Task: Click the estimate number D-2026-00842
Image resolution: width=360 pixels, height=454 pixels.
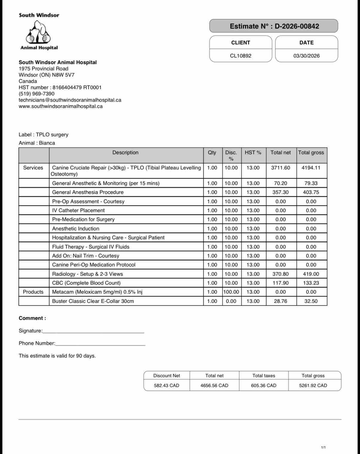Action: pyautogui.click(x=297, y=26)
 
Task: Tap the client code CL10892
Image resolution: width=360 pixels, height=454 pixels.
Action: pyautogui.click(x=241, y=56)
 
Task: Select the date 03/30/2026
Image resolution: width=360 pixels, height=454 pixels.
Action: pyautogui.click(x=306, y=56)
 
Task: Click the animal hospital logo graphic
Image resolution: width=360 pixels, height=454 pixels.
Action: pyautogui.click(x=39, y=32)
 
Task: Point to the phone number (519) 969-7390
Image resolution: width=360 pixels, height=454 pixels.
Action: pyautogui.click(x=36, y=94)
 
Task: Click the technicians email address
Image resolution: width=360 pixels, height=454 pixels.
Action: pyautogui.click(x=70, y=100)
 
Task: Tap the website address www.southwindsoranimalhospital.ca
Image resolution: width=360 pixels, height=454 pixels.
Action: pyautogui.click(x=61, y=106)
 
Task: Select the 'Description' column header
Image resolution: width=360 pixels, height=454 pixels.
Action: pyautogui.click(x=125, y=153)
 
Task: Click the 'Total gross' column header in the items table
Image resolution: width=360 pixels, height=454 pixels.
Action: pyautogui.click(x=311, y=153)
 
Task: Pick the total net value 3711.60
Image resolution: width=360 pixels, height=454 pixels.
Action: pyautogui.click(x=281, y=168)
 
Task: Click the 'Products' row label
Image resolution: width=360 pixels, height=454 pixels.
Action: pyautogui.click(x=33, y=292)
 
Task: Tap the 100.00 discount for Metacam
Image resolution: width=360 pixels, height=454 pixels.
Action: pyautogui.click(x=231, y=292)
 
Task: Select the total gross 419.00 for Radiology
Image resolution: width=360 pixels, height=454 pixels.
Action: pyautogui.click(x=311, y=274)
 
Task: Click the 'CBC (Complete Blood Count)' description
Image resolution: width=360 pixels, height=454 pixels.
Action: pyautogui.click(x=86, y=283)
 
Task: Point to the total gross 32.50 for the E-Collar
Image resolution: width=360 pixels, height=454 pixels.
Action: pyautogui.click(x=311, y=301)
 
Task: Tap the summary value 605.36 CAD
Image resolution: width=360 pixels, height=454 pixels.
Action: pyautogui.click(x=264, y=385)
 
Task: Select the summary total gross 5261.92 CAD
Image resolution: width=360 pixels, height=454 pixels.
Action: pyautogui.click(x=313, y=385)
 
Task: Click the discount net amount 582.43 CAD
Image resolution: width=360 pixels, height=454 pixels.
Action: pyautogui.click(x=167, y=385)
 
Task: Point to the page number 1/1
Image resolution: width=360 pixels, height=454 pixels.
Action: pyautogui.click(x=323, y=447)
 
